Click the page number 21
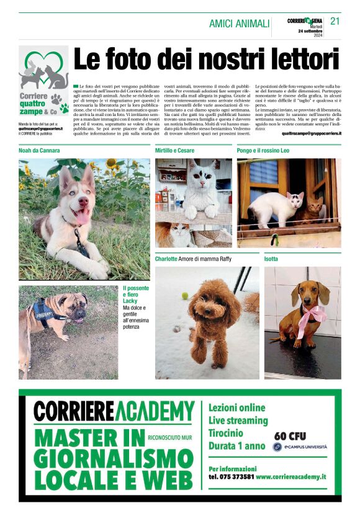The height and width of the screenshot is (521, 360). (x=335, y=21)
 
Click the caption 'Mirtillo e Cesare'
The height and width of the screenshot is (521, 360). (x=174, y=151)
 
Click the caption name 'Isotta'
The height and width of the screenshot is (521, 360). (x=271, y=259)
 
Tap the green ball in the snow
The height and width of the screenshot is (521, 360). (x=184, y=296)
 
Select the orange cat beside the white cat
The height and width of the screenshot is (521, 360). (x=315, y=211)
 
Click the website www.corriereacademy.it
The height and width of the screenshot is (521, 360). (x=290, y=476)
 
